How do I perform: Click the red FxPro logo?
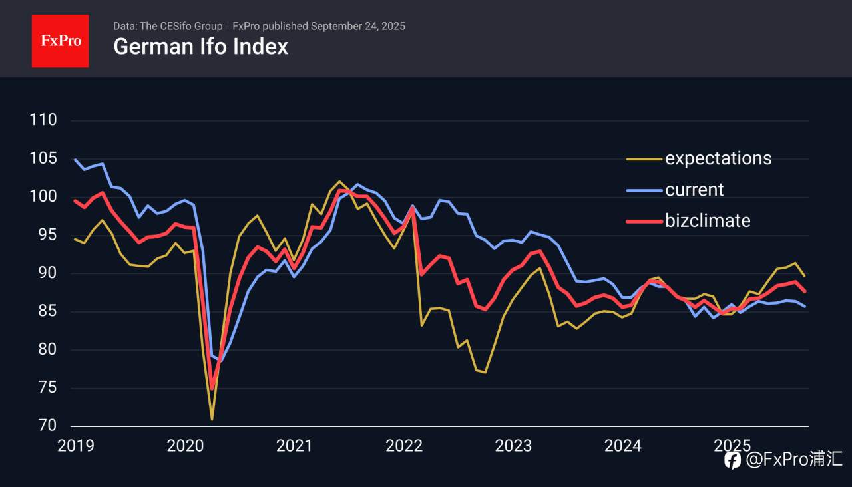(60, 41)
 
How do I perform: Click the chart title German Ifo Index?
(200, 47)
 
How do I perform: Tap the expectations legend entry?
(718, 158)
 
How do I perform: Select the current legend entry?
(694, 190)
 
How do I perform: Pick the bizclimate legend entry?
(708, 220)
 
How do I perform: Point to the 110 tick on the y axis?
(43, 120)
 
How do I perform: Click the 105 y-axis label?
(43, 158)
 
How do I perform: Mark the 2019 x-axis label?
(76, 446)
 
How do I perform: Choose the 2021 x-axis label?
(294, 446)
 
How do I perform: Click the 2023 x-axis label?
(513, 446)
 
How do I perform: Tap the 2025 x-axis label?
(732, 446)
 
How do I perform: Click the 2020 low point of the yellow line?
(212, 419)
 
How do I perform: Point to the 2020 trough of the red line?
(212, 388)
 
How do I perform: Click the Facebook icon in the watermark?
(732, 460)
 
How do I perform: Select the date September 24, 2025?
(357, 27)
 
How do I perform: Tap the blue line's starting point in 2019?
(75, 160)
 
